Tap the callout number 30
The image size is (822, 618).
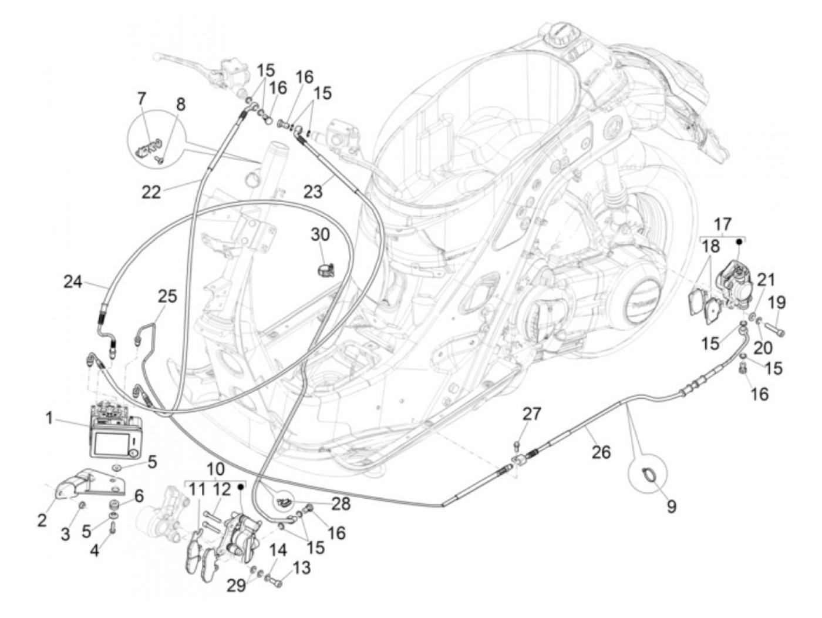[x=321, y=235]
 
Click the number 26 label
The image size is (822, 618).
[x=601, y=452]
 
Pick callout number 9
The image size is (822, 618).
[x=671, y=506]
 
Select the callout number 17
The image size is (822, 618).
[x=723, y=224]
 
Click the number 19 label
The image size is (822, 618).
[x=777, y=303]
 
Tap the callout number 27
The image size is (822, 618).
[x=532, y=414]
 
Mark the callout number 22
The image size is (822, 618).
[x=151, y=192]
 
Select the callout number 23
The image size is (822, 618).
[x=314, y=192]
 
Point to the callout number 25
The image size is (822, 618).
[x=167, y=297]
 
